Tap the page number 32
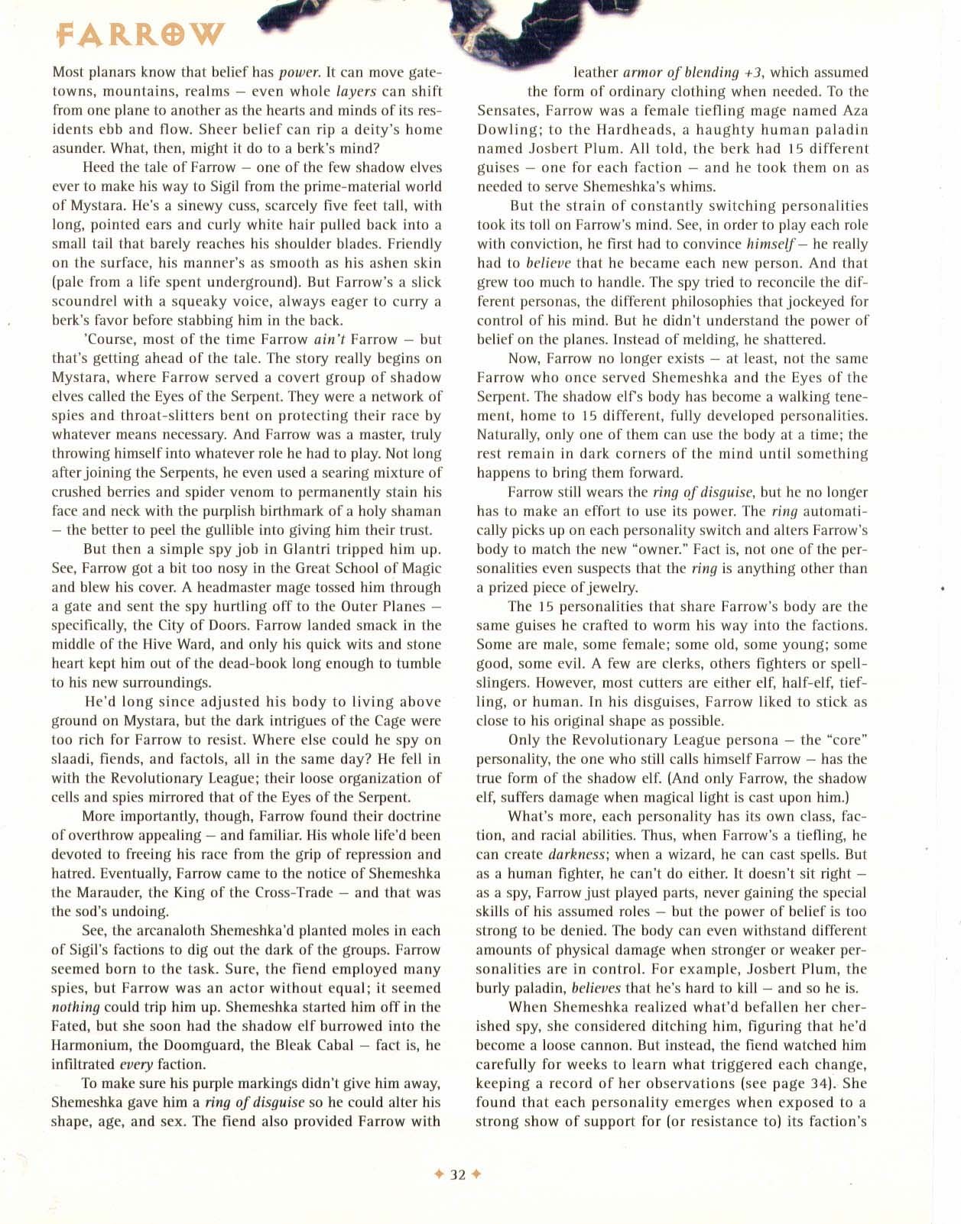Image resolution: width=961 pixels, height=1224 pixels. coord(458,1175)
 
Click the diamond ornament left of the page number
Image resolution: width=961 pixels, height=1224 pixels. coord(440,1175)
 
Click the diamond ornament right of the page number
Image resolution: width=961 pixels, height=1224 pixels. coord(476,1175)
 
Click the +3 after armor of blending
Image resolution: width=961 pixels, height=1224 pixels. coord(751,73)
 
